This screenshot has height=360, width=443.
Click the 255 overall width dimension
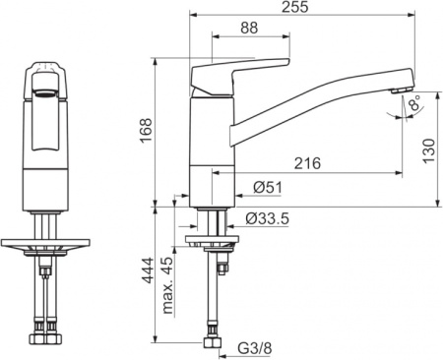[x=295, y=7]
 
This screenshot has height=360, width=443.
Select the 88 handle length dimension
[x=249, y=28]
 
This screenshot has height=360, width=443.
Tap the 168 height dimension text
[x=146, y=130]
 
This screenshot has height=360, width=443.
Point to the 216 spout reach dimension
[x=307, y=163]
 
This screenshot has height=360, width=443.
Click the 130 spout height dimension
[x=429, y=150]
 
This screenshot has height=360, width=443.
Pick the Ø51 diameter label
[x=268, y=188]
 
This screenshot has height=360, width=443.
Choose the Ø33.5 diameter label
[x=268, y=218]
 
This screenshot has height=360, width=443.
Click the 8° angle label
[x=414, y=102]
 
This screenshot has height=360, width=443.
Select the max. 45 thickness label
[x=167, y=285]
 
